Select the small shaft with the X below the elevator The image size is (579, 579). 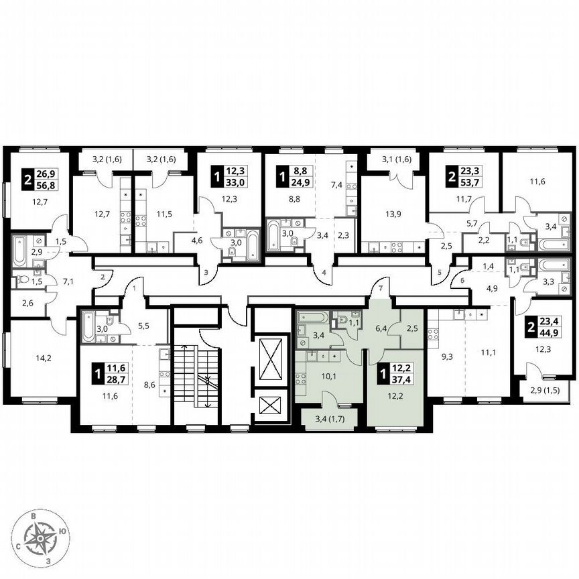pos(271,406)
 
